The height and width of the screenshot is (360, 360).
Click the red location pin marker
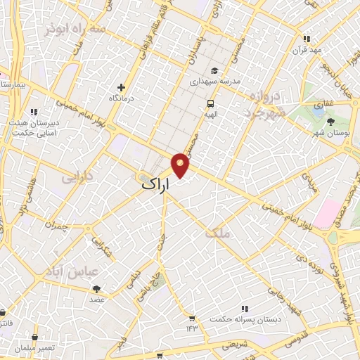[x=181, y=165]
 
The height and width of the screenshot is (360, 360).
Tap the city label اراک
[x=155, y=184]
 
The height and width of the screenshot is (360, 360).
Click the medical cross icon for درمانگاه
[x=122, y=88]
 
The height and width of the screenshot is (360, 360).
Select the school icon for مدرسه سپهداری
[x=214, y=70]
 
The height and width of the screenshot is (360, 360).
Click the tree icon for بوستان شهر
[x=330, y=121]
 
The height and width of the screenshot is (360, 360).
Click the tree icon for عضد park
[x=96, y=288]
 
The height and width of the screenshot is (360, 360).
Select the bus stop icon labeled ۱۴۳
[x=190, y=317]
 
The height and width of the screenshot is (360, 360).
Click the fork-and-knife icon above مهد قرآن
[x=306, y=39]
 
